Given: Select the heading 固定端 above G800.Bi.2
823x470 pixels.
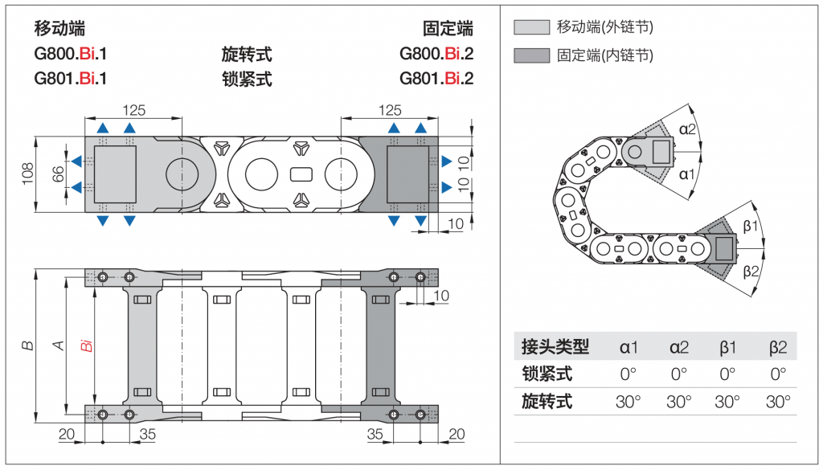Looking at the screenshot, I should tap(448, 29).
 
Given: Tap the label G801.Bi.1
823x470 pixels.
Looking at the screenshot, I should tap(71, 79).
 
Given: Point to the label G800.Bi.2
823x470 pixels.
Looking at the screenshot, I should tap(436, 55).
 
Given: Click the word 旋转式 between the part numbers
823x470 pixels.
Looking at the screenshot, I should tap(247, 55).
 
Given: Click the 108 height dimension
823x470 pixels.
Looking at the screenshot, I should tap(27, 174).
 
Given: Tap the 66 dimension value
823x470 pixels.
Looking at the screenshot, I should tap(58, 174).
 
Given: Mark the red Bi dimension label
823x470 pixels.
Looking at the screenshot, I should tap(87, 346).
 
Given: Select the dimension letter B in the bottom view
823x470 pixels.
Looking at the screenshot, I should tap(27, 345).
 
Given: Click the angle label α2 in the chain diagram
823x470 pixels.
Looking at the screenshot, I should tap(688, 129).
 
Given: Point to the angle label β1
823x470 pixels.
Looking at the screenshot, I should tap(751, 226).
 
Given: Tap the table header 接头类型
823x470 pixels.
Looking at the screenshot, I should tap(555, 347).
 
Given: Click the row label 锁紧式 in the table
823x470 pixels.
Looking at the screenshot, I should tap(547, 374).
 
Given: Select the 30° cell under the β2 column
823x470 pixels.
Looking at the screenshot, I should tap(777, 401).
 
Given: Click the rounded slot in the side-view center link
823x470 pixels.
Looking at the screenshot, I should tap(301, 174).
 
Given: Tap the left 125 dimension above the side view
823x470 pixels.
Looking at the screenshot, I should tap(133, 110).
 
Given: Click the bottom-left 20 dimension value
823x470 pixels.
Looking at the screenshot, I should tap(67, 435).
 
